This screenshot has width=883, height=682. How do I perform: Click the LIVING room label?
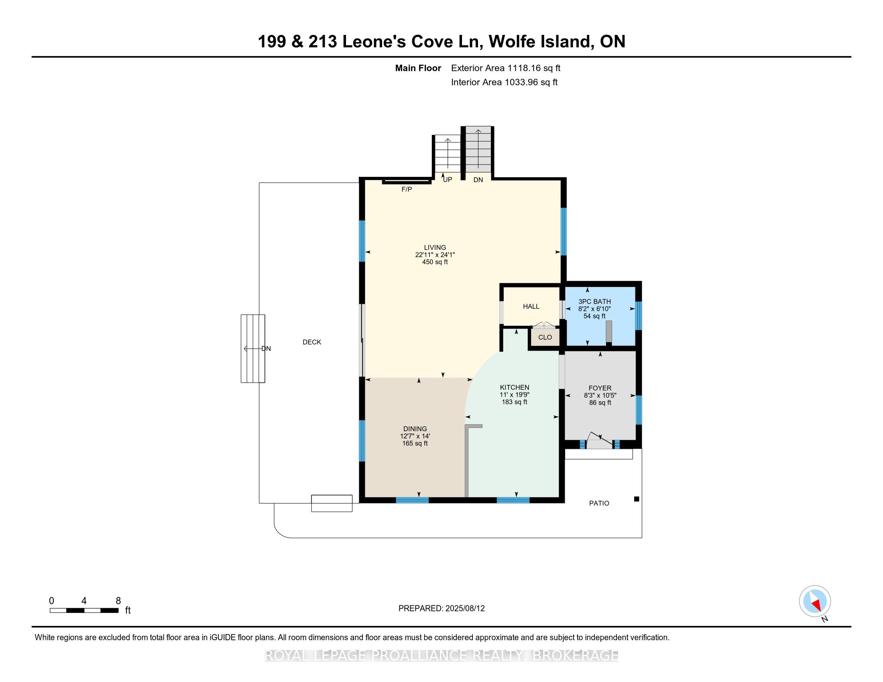point(435,247)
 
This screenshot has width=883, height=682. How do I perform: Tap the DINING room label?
point(415,429)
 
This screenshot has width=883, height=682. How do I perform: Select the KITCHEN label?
point(514,387)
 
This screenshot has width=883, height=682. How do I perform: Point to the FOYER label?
point(600,388)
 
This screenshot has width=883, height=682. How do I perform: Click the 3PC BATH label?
point(594,301)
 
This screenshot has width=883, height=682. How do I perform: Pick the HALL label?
point(531,306)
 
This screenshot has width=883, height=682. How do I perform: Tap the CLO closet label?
point(545,337)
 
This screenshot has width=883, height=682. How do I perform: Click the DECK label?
point(312,342)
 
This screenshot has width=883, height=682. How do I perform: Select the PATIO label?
point(599,503)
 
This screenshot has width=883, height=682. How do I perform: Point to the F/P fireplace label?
point(407,189)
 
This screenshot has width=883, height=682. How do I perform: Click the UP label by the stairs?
point(447,179)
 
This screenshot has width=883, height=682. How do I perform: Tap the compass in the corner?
point(815,601)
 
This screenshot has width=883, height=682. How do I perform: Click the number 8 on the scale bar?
point(118,601)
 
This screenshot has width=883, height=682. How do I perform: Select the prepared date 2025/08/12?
point(464,608)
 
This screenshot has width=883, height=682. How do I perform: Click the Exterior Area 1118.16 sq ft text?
point(505,68)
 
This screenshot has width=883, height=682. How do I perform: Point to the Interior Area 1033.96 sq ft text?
point(504,82)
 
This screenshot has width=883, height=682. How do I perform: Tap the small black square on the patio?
point(637,499)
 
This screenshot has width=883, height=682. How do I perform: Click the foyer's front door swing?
point(599,441)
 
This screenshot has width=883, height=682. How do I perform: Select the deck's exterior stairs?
point(253,348)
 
